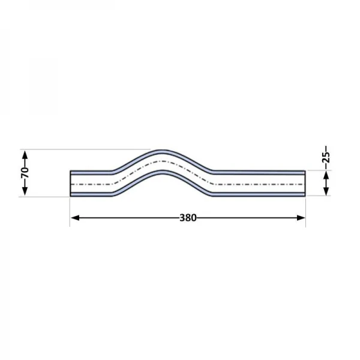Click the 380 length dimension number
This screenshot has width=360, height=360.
pos(188,218)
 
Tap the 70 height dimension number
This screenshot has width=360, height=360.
pos(25,173)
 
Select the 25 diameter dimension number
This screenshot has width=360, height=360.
pos(326,157)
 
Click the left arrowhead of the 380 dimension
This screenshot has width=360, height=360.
pos(75,218)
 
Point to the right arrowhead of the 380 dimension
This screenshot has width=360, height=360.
pos(301,218)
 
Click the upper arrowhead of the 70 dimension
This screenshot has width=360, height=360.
pos(25,155)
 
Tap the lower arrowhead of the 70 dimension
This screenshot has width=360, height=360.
pos(25,191)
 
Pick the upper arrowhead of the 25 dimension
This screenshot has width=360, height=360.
pos(326,176)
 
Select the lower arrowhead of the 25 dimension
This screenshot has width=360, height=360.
pos(326,191)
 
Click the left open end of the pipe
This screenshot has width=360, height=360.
pos(70,184)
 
